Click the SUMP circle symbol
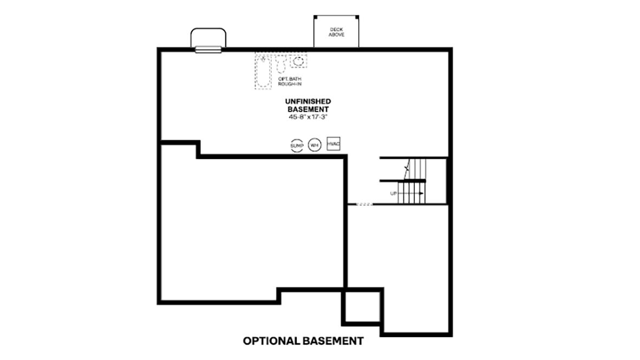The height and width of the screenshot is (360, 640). pos(297,145)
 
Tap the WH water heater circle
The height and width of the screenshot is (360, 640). pos(314,145)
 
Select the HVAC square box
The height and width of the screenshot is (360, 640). pos(334,143)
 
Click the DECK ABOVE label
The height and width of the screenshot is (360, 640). pos(336,32)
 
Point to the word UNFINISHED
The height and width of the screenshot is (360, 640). pos(308,101)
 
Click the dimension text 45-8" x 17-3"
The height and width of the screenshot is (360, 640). pos(308,117)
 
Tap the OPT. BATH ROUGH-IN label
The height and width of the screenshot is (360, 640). pos(290,81)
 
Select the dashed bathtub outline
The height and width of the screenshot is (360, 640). pos(263,72)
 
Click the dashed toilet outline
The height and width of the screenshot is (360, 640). pos(281,64)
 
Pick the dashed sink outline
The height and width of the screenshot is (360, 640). pos(298,61)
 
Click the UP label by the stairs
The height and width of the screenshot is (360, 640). pos(394,193)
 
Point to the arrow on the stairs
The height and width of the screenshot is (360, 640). pos(410,193)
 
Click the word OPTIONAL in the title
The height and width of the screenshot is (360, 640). pos(271,341)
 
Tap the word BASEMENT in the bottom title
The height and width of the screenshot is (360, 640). pos(333,341)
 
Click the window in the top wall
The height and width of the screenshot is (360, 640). pos(208,50)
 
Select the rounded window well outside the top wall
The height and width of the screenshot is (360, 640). pos(208,29)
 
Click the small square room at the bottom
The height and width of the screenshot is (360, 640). pos(362,307)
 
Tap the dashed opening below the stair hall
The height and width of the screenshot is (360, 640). pos(364,204)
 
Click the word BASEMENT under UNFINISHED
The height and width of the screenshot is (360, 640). pos(308,109)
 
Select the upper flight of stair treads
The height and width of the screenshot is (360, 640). pos(415,168)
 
